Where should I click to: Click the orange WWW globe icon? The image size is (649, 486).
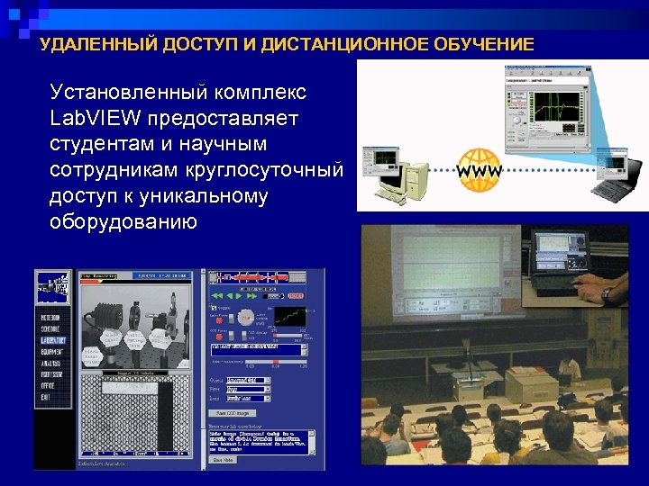(x=480, y=170)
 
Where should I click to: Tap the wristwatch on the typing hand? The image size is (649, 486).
(x=608, y=293)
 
